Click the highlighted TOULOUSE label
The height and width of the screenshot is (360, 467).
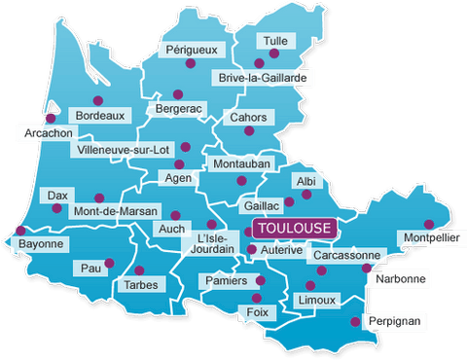pos(294,228)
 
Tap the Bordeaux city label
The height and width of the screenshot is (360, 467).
pos(100,116)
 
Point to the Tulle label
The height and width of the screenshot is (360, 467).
pos(272,41)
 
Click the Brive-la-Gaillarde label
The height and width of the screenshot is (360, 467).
pos(263,77)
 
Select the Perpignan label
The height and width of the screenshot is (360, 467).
pos(395,320)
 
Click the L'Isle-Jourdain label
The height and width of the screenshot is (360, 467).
pos(215,242)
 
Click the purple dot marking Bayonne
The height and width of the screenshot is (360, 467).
pos(21,232)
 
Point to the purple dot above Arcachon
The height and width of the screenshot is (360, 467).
pos(51,118)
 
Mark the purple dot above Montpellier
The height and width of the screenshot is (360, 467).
pos(429,224)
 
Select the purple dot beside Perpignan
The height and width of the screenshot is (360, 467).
pos(356,320)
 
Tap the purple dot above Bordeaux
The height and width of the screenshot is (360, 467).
pos(97,100)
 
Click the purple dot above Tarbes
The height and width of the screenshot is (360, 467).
pos(139,270)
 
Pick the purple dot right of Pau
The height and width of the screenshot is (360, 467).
pos(109,261)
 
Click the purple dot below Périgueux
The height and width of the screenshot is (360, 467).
pos(190,63)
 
